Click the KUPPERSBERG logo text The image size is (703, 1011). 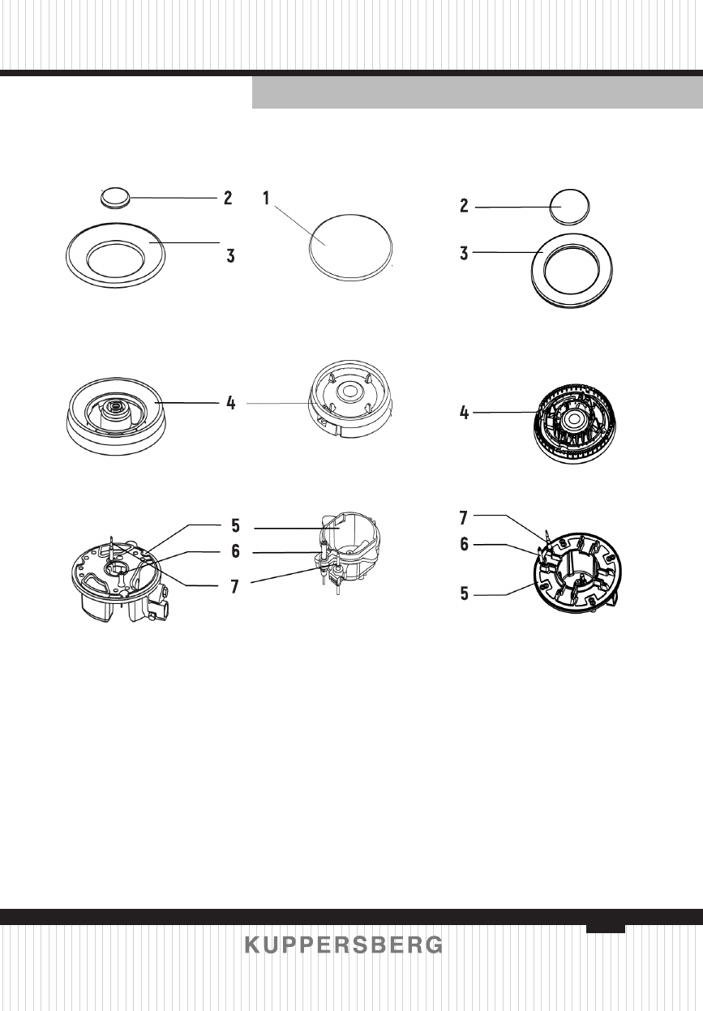344,946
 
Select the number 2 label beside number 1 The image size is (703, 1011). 229,197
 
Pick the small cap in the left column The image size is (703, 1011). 114,195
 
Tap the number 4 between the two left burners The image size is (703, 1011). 231,402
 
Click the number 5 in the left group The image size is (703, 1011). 235,525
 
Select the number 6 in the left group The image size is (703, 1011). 235,551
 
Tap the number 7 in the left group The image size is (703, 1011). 235,585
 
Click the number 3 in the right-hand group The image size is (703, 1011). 465,254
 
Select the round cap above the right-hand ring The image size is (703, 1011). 569,207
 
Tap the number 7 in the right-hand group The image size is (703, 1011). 465,515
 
